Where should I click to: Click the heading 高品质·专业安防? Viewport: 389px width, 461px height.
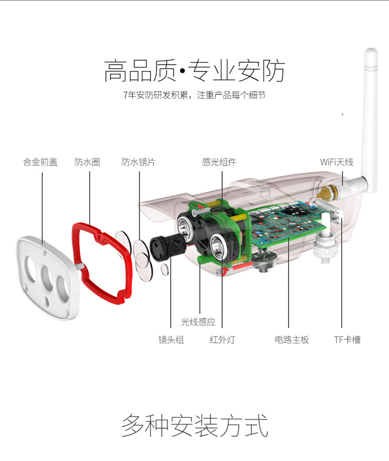(x=194, y=71)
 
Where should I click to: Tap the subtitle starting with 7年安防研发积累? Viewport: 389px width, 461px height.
(x=194, y=95)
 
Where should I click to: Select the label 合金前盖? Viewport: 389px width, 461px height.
(x=40, y=162)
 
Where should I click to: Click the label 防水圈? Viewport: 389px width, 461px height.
(x=87, y=162)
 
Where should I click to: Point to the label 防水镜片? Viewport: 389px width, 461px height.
(x=138, y=162)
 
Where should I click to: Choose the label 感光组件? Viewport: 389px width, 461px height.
(x=219, y=162)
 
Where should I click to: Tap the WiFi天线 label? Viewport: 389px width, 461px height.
(x=337, y=162)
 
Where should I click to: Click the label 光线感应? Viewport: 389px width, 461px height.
(x=198, y=322)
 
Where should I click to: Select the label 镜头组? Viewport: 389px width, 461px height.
(x=171, y=340)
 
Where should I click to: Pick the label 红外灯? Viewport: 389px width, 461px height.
(x=222, y=340)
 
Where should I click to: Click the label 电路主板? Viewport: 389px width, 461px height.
(x=292, y=340)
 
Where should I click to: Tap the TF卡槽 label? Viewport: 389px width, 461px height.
(x=347, y=340)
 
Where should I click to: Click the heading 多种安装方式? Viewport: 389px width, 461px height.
(x=194, y=426)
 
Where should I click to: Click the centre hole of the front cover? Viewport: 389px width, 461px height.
(x=47, y=277)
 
